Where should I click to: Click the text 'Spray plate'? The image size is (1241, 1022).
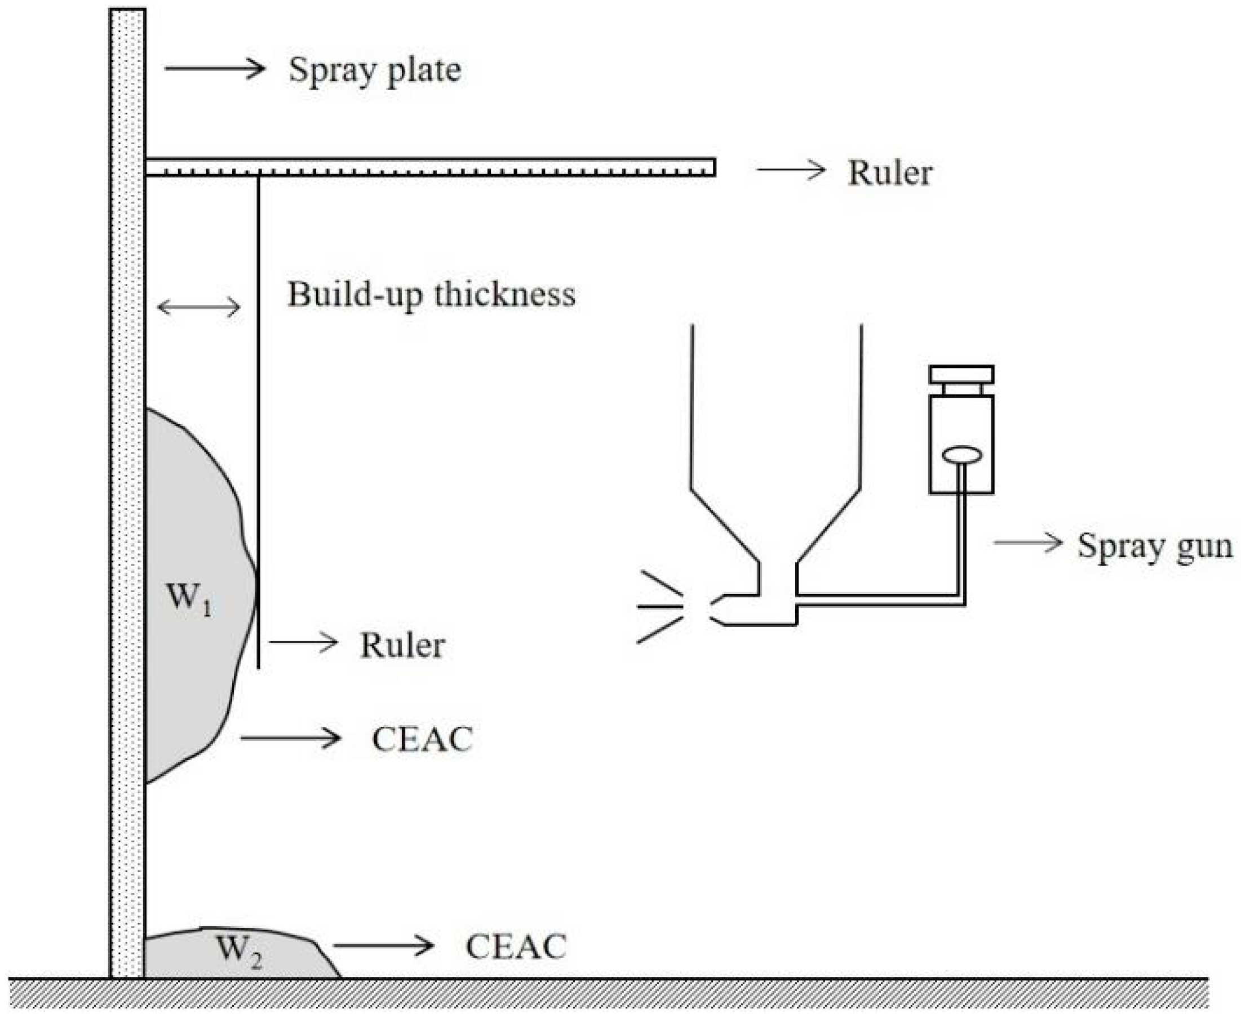point(374,70)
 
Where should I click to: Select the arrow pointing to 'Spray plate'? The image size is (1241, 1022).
point(214,68)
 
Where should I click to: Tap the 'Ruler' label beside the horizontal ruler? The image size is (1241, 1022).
point(889,173)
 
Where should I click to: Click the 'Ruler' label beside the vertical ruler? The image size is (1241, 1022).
point(402,645)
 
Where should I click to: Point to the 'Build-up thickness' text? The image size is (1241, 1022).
point(431,294)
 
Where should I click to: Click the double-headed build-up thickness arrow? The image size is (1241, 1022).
point(199,306)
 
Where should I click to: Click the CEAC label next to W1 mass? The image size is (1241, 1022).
point(422,739)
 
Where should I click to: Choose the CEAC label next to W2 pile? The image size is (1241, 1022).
point(515,947)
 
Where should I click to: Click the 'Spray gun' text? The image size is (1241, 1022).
point(1154,546)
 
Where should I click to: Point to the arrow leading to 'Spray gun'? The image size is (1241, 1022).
point(1027,542)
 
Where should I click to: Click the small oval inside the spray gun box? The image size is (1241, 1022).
point(962,455)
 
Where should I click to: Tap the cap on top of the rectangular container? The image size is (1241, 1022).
point(961,375)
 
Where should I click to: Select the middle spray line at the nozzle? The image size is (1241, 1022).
point(659,606)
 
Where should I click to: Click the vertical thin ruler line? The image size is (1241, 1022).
point(258,412)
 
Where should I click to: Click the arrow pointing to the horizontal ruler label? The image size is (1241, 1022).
point(791,170)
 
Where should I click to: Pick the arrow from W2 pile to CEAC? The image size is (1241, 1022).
point(383,945)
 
